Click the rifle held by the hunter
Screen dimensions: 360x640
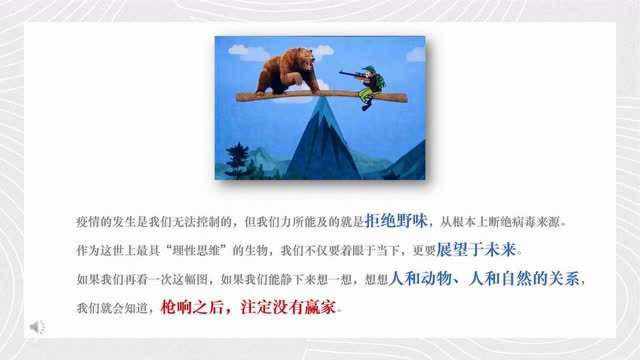point(352,74)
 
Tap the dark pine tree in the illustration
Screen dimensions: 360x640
point(236,160)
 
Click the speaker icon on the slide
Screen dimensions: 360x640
point(36,327)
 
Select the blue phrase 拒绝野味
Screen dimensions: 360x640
point(396,221)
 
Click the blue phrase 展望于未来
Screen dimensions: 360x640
point(475,250)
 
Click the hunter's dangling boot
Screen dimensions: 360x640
point(366,105)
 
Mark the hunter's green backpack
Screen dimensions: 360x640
point(379,81)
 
